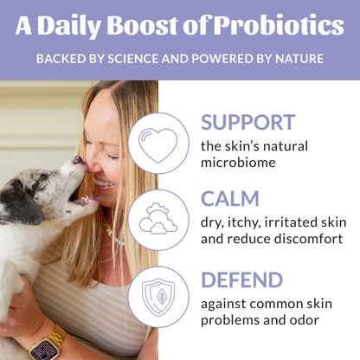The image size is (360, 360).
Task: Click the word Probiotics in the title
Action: point(280,26)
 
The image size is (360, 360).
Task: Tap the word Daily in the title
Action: point(93,26)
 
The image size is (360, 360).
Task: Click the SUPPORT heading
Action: point(247,121)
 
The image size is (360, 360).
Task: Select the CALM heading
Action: point(229,200)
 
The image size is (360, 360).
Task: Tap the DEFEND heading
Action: point(241,280)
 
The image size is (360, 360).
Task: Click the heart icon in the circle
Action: point(158,144)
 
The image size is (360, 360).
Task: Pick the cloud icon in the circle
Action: point(158,221)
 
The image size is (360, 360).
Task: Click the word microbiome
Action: point(241,161)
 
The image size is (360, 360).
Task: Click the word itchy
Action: point(245,222)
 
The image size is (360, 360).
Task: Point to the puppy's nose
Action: point(76,161)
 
